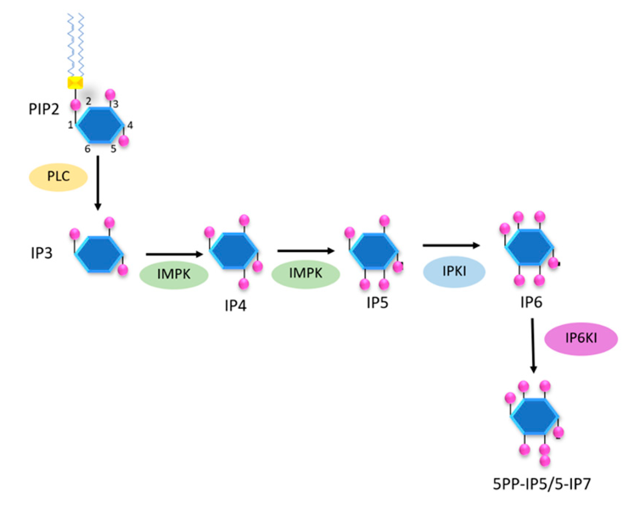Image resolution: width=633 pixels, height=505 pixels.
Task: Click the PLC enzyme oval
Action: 58,177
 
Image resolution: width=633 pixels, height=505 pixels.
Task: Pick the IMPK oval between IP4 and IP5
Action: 306,274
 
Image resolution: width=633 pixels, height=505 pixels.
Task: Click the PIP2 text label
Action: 44,109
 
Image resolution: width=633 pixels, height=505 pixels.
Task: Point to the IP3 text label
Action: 42,253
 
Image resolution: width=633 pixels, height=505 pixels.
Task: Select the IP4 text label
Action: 235,306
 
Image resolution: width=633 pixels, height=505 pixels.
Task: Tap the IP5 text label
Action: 378,303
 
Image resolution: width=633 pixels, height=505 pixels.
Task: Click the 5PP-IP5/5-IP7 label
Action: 541,484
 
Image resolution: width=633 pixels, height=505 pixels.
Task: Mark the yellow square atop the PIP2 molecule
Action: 75,83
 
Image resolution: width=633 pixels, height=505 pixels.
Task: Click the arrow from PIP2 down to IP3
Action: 98,182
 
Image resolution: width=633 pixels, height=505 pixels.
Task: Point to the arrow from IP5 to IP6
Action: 451,245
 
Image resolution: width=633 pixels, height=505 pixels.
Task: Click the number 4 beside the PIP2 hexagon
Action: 130,125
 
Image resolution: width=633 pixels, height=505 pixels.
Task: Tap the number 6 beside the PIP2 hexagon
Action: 88,149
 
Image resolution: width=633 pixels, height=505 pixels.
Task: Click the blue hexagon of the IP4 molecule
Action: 234,251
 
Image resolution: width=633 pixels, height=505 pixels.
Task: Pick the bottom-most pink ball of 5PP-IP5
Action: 545,460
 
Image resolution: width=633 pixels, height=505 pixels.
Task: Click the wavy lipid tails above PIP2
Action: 76,44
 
